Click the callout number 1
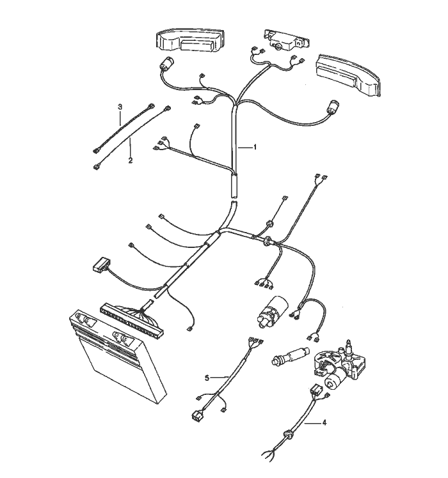click(x=255, y=147)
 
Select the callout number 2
click(x=130, y=160)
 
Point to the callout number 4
click(x=324, y=422)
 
